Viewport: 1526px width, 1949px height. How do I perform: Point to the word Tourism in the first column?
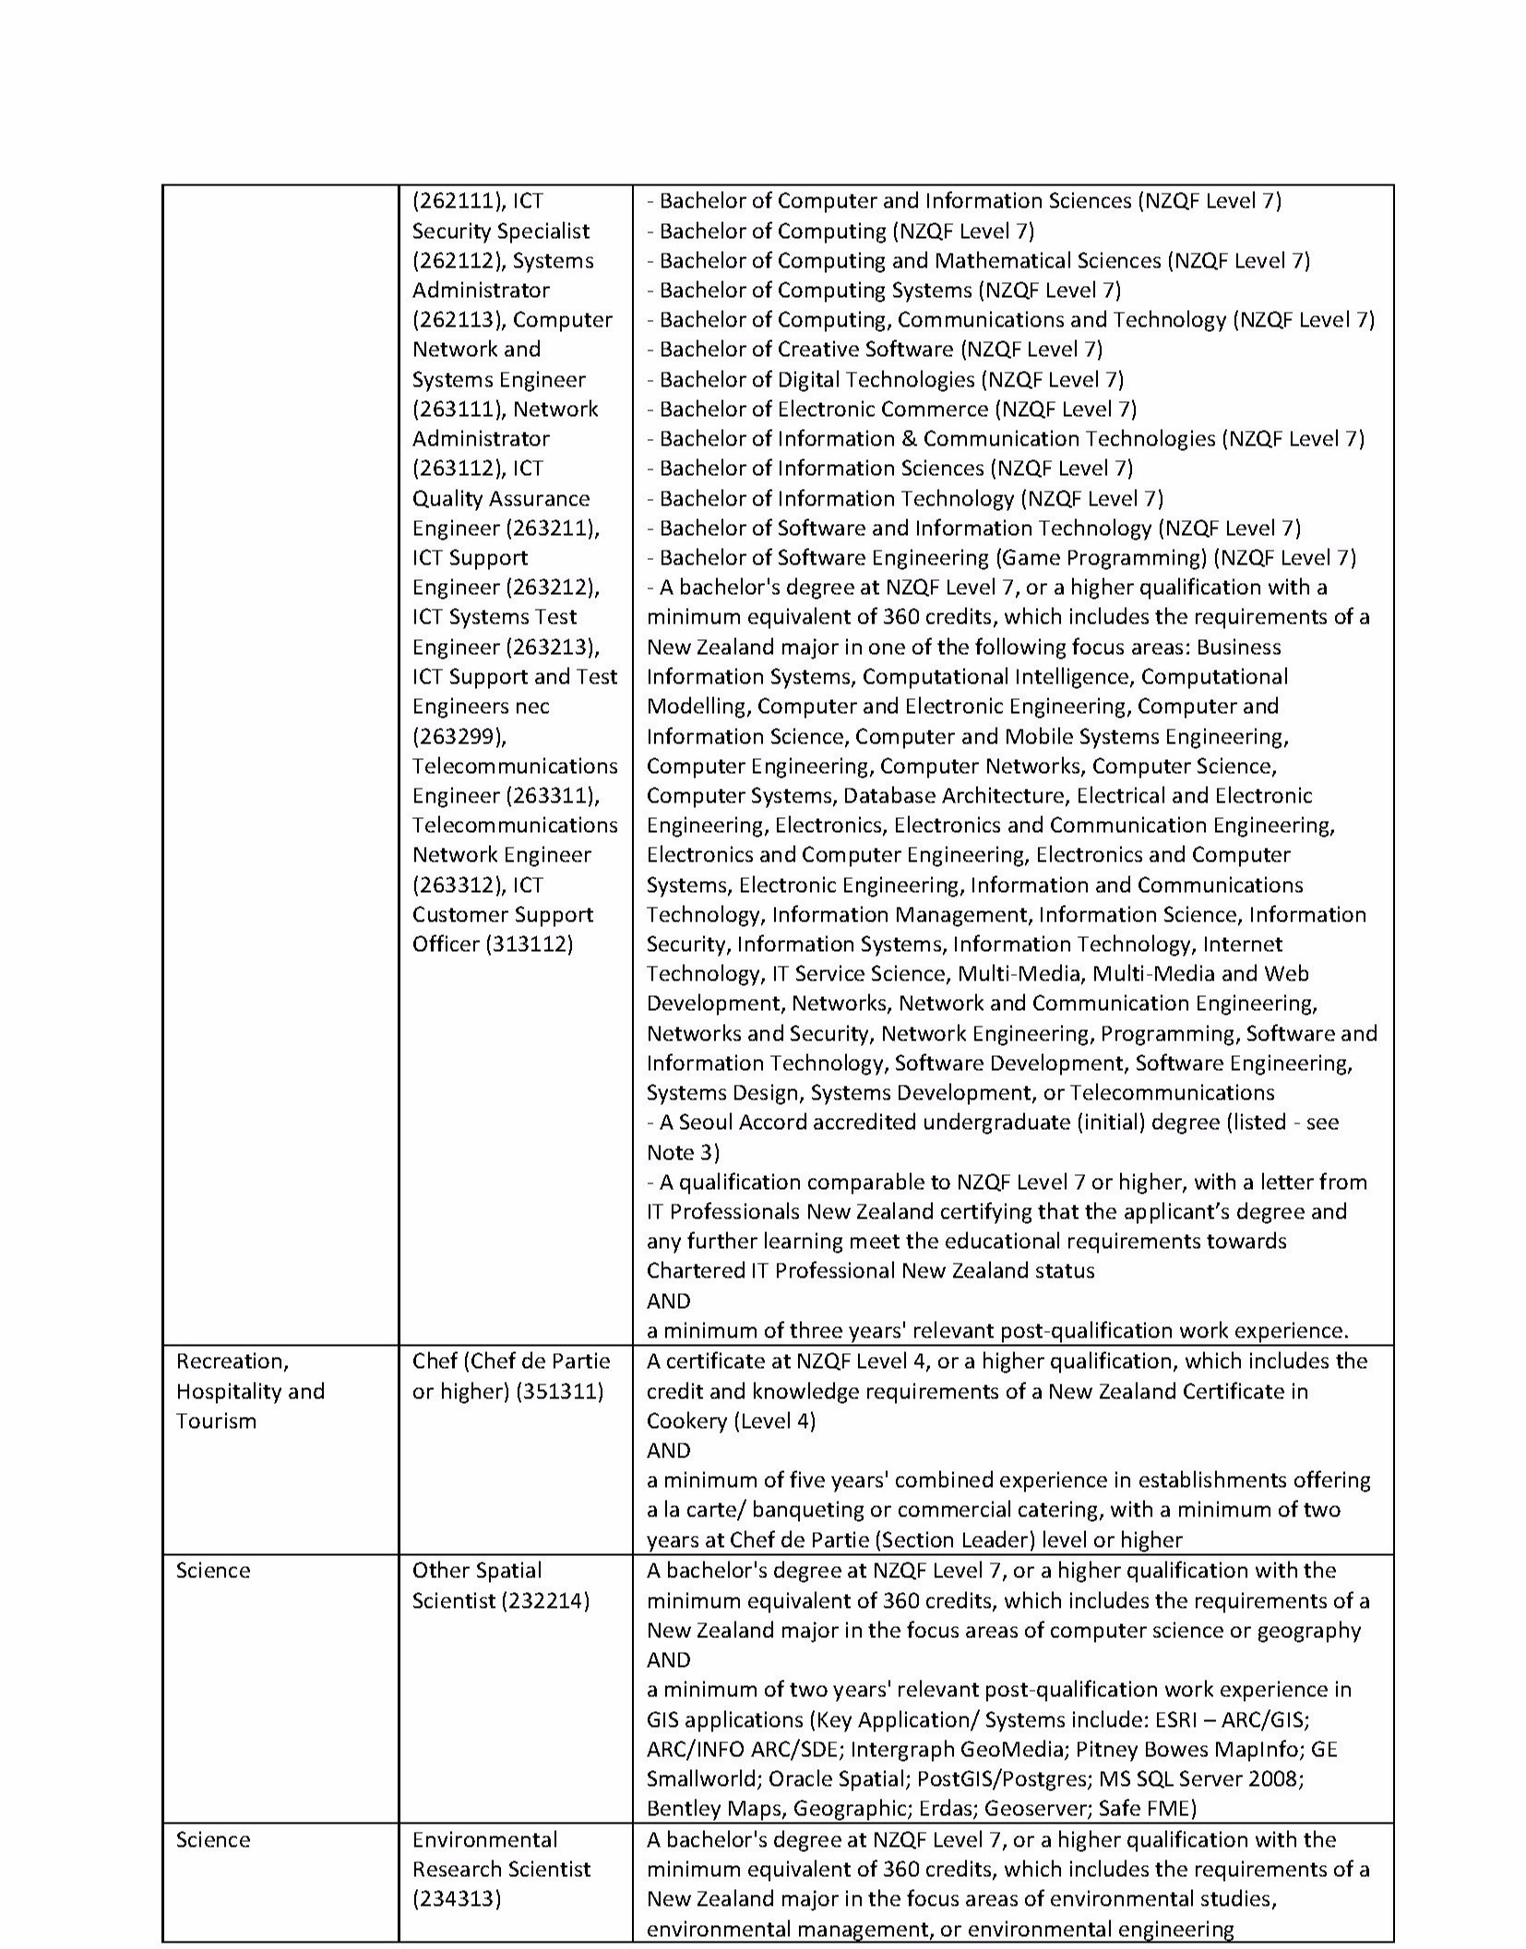pos(216,1420)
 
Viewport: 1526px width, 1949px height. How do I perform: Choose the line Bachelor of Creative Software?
pos(881,350)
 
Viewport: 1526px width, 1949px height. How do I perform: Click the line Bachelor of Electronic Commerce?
pos(898,409)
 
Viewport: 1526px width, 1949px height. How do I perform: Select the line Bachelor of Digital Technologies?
pos(891,379)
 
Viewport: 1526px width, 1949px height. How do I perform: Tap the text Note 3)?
pos(683,1152)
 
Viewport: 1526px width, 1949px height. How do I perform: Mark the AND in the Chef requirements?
pos(669,1450)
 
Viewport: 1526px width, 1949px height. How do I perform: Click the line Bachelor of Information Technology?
pos(909,498)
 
